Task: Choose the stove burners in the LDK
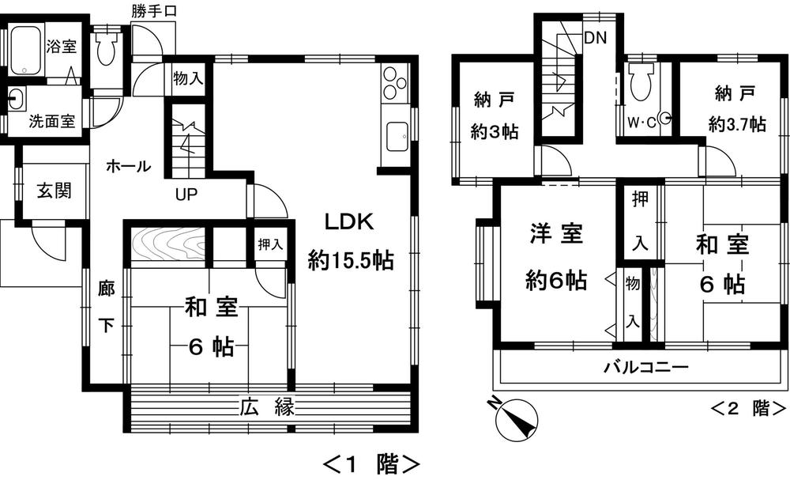click(393, 83)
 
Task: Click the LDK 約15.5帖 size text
click(351, 259)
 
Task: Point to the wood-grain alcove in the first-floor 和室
click(166, 242)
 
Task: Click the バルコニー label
click(647, 367)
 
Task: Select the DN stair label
click(595, 37)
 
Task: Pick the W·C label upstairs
click(641, 123)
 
